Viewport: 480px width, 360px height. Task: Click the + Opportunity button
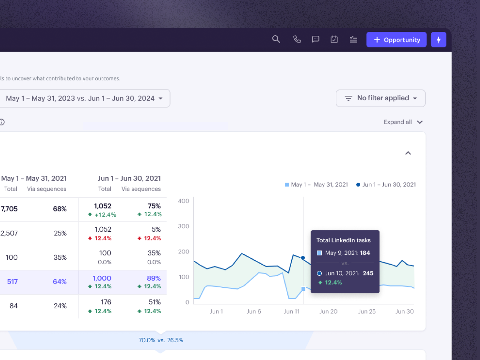tap(396, 40)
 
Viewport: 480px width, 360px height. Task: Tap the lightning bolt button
tap(438, 40)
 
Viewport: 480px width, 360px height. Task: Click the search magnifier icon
tap(276, 39)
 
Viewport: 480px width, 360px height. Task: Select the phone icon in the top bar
tap(297, 39)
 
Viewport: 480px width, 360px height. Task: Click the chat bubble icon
tap(315, 39)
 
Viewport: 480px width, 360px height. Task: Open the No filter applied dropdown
tap(380, 98)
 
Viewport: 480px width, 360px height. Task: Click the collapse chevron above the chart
tap(408, 153)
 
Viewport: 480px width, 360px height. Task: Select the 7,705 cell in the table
tap(9, 209)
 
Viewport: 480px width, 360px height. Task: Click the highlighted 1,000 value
tap(102, 278)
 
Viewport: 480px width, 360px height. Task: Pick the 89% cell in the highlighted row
tap(154, 278)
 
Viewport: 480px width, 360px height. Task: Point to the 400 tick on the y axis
tap(183, 201)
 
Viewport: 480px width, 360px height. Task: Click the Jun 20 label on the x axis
tap(328, 311)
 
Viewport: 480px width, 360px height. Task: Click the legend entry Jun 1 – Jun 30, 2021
tap(386, 184)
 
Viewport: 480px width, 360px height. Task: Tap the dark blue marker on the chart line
tap(303, 258)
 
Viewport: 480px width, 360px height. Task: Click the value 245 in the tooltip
tap(368, 273)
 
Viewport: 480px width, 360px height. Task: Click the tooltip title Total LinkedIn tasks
tap(343, 240)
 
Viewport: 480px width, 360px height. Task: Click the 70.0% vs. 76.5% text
tap(161, 340)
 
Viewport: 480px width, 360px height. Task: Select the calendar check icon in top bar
tap(334, 39)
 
